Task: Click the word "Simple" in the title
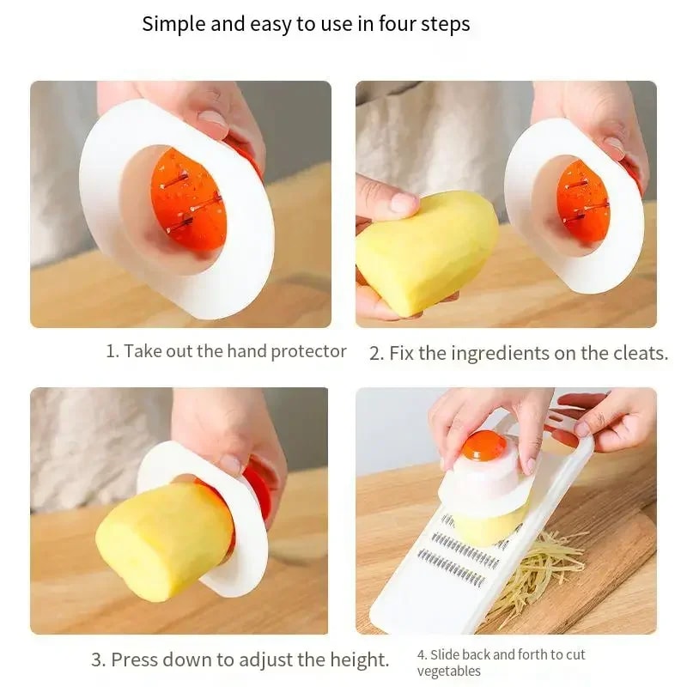coord(174,24)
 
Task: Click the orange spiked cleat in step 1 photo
coord(188,199)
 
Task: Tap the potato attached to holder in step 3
coord(163,540)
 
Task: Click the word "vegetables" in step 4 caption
coord(449,671)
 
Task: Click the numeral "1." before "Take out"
coord(112,351)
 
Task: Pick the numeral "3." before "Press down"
coord(99,660)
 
